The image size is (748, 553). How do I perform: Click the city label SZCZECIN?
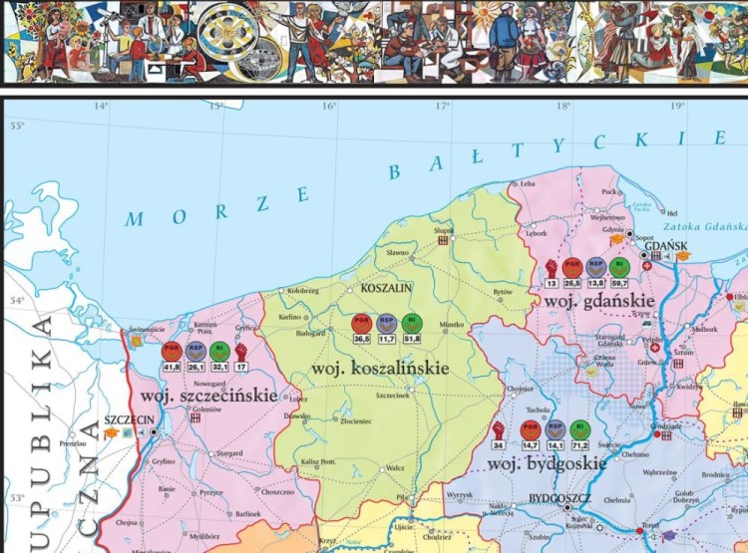pyautogui.click(x=129, y=420)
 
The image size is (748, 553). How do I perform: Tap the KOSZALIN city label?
pyautogui.click(x=386, y=288)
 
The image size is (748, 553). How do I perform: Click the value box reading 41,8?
pyautogui.click(x=172, y=367)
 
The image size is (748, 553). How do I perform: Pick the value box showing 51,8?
pyautogui.click(x=413, y=339)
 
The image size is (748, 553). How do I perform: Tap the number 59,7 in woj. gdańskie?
pyautogui.click(x=619, y=283)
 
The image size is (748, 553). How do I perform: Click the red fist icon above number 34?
pyautogui.click(x=500, y=428)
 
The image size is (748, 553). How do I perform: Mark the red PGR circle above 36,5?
pyautogui.click(x=362, y=322)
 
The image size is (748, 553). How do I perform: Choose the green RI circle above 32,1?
pyautogui.click(x=220, y=349)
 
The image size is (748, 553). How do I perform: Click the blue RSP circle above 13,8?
pyautogui.click(x=595, y=266)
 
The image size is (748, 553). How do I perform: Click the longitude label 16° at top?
pyautogui.click(x=330, y=107)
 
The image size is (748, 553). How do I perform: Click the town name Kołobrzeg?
pyautogui.click(x=303, y=291)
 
